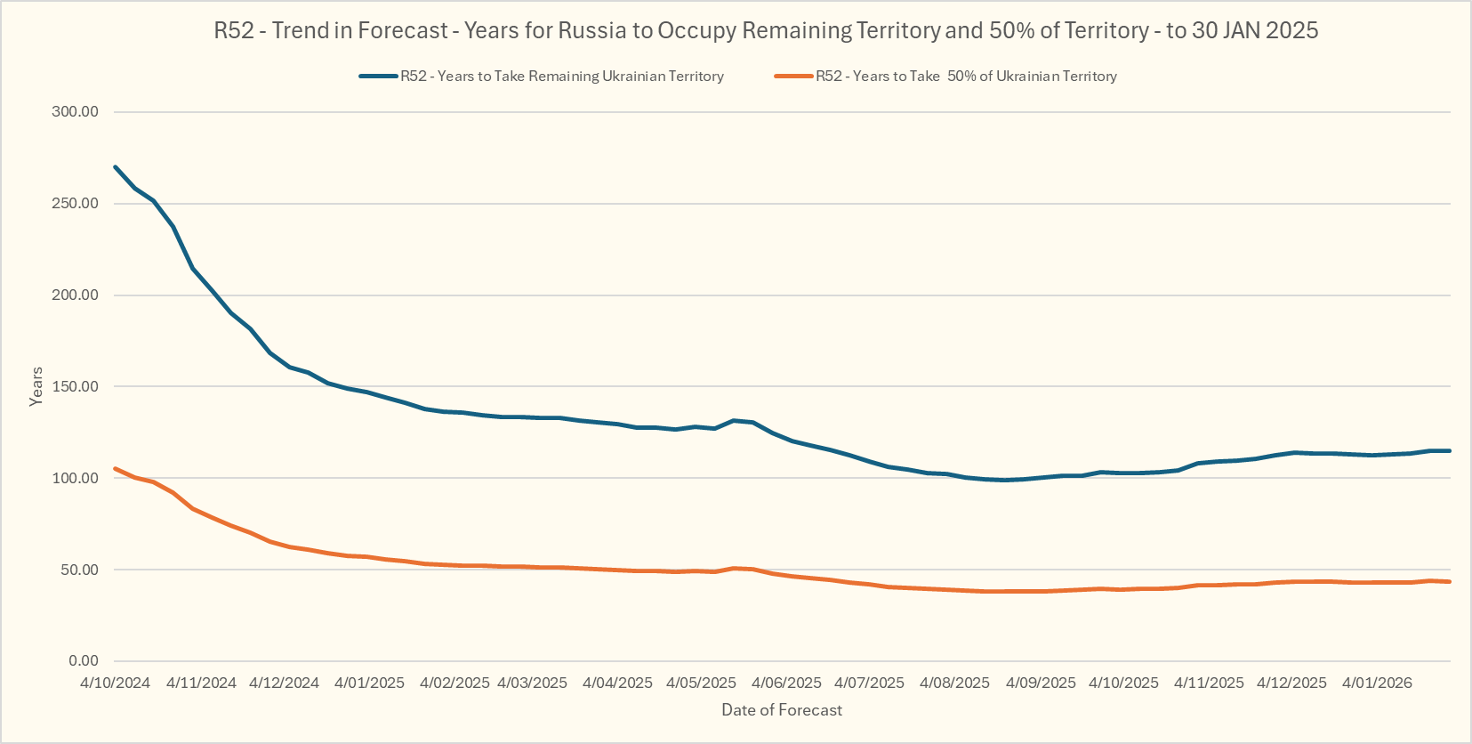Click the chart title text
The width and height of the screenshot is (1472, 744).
(x=766, y=30)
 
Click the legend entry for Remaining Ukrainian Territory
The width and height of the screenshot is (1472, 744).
(x=561, y=77)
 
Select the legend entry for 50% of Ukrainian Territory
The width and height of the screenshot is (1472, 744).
(x=966, y=77)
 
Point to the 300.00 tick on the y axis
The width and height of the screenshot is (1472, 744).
(x=76, y=111)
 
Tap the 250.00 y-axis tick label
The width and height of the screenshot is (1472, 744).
(x=76, y=203)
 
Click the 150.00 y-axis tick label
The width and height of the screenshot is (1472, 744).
(x=76, y=386)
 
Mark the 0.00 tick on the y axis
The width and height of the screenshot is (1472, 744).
(x=84, y=660)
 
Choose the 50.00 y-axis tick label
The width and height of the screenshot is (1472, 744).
(x=79, y=570)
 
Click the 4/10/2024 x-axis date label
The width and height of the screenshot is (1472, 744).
(x=115, y=683)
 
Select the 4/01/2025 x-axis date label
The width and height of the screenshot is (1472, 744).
(x=369, y=683)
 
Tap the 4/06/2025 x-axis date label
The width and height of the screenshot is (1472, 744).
(x=786, y=683)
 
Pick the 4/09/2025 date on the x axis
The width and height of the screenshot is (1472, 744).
(x=1041, y=683)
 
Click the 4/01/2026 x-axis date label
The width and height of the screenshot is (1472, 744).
(x=1377, y=683)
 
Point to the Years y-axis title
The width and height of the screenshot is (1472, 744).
(x=36, y=386)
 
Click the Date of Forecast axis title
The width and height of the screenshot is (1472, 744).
(x=782, y=710)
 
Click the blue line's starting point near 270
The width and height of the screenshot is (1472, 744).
(x=116, y=166)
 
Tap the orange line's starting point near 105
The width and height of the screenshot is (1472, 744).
(x=116, y=468)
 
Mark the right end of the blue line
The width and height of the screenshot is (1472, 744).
(x=1450, y=450)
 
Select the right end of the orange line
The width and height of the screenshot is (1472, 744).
(x=1450, y=581)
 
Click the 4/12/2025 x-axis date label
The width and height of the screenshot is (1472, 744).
(x=1291, y=683)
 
